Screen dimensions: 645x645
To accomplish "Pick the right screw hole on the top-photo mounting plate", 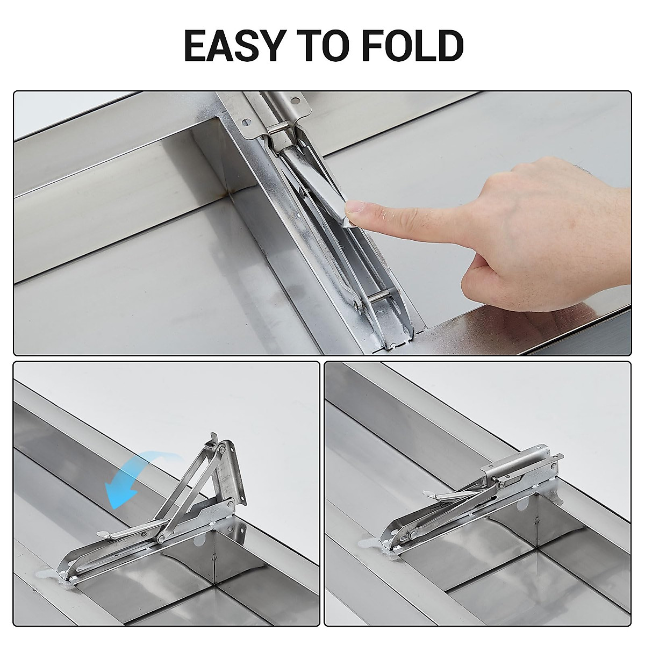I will click(x=294, y=99).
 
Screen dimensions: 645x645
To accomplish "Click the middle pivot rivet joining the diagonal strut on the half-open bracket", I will click(x=161, y=538).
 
